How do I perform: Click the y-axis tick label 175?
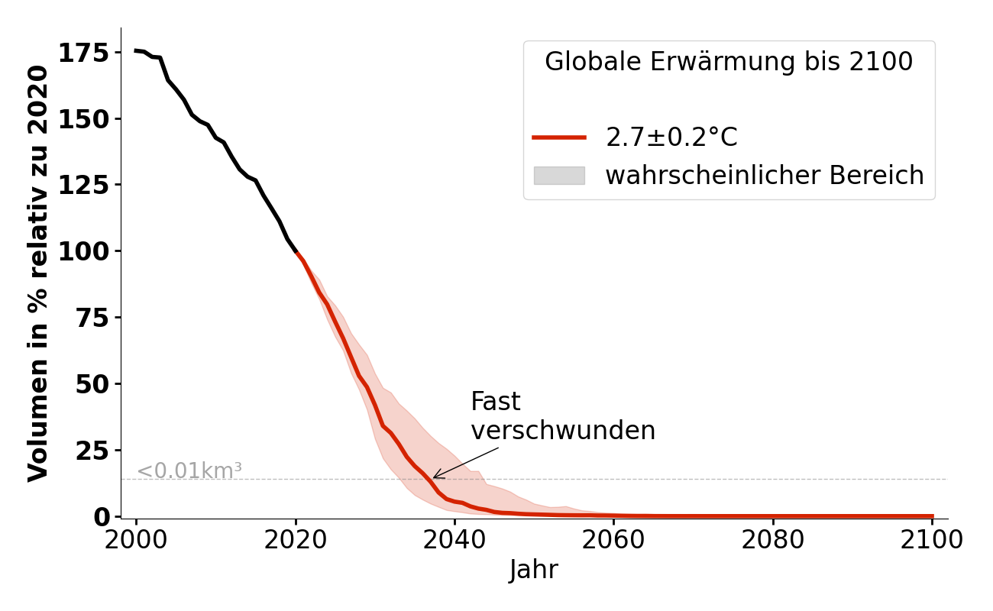tap(83, 53)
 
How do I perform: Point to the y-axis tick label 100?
tap(83, 251)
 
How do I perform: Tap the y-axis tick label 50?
tap(92, 383)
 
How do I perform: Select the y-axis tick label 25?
tap(92, 451)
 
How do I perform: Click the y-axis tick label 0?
tap(102, 517)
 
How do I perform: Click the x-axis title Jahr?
tap(533, 571)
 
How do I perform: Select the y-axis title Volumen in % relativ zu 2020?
tap(38, 273)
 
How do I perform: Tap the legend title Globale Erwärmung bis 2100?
tap(729, 62)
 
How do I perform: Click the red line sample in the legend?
tap(559, 137)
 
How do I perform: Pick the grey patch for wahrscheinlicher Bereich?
tap(559, 176)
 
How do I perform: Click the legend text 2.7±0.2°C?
tap(671, 137)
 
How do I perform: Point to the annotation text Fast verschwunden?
tap(562, 416)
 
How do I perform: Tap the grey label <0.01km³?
tap(189, 471)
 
